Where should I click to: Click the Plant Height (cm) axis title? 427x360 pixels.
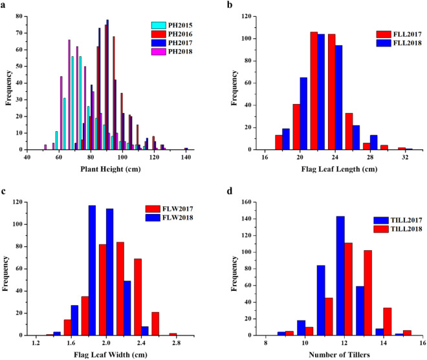(x=108, y=170)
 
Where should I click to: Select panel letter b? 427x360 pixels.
(x=230, y=5)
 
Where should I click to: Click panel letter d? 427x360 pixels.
(x=230, y=189)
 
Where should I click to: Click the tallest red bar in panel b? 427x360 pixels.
(x=314, y=90)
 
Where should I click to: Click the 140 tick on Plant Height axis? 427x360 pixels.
(x=186, y=157)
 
